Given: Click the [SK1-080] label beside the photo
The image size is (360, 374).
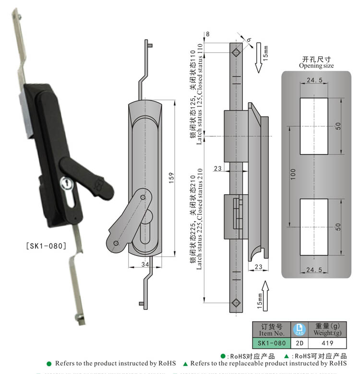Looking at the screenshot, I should (x=45, y=246).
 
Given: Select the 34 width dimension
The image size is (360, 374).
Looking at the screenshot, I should (x=145, y=264).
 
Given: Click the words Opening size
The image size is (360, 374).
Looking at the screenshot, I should (x=316, y=66).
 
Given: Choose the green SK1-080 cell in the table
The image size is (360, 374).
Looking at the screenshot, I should (x=272, y=343).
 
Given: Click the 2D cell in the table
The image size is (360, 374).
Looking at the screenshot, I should (x=299, y=343).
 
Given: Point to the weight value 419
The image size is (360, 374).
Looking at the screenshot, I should (x=327, y=343).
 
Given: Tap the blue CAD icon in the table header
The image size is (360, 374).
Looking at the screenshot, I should (x=299, y=329).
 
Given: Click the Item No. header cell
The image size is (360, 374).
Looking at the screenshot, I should (x=272, y=329).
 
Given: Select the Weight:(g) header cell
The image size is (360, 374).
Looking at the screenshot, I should (x=327, y=329).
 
